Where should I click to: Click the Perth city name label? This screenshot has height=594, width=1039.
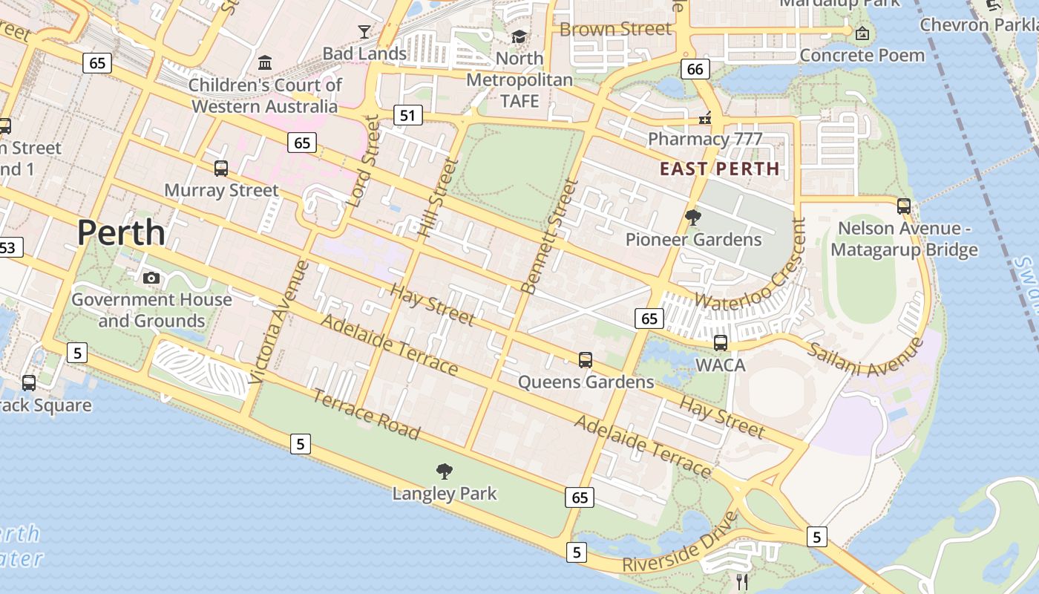(121, 232)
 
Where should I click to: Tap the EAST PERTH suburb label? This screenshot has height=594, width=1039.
(720, 169)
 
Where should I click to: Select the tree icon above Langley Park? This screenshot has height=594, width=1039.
(445, 471)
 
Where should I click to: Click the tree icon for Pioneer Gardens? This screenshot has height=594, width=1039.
(693, 218)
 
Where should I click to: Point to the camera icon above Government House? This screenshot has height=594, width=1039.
(151, 278)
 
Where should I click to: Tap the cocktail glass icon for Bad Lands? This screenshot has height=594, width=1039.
(364, 31)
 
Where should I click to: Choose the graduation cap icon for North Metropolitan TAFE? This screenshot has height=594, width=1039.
(519, 36)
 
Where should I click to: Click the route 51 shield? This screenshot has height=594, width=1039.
(407, 115)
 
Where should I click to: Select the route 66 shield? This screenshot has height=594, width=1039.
(695, 70)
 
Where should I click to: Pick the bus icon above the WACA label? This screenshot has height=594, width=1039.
(720, 343)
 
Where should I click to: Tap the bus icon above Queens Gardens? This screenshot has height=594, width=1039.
(586, 360)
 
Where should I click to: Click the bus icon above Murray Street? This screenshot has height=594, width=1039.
(221, 169)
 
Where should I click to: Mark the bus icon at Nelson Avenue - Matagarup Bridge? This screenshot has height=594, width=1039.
(903, 206)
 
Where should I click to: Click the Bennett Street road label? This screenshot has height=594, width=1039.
(550, 235)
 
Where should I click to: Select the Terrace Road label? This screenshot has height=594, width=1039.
(366, 414)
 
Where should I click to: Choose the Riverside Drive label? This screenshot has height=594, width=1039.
(681, 544)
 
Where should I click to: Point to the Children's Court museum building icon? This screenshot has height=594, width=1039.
(265, 62)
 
